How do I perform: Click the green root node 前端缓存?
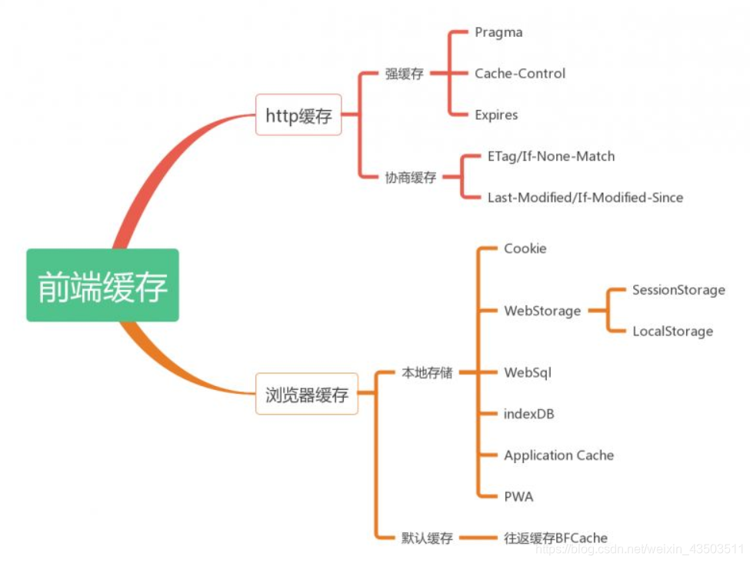click(102, 285)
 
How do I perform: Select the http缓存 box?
click(298, 115)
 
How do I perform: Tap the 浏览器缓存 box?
click(306, 395)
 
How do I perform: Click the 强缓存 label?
click(404, 75)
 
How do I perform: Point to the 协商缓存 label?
click(410, 178)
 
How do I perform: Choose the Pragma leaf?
click(498, 32)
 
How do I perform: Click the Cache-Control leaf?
click(520, 74)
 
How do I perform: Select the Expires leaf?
click(496, 115)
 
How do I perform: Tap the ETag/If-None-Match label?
click(551, 157)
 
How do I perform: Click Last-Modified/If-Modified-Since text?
click(585, 198)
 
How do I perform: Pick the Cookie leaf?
click(525, 248)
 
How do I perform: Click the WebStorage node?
click(542, 311)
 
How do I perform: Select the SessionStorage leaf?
click(678, 290)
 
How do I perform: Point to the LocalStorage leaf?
click(672, 331)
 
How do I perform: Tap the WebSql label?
click(528, 373)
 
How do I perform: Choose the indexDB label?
click(529, 414)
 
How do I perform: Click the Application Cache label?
click(559, 455)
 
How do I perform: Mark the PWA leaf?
click(518, 497)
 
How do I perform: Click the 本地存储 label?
click(427, 373)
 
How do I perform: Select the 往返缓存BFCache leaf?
click(555, 538)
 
